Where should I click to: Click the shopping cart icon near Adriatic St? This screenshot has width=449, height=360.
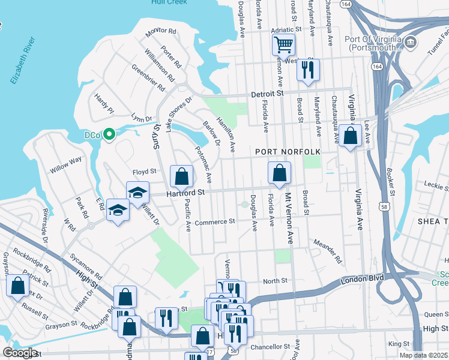283,44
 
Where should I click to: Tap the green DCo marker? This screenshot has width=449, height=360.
109,134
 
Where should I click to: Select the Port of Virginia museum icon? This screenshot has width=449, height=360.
411,42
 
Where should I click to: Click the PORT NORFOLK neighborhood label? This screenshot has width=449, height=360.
288,152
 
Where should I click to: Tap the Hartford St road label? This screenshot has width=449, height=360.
185,193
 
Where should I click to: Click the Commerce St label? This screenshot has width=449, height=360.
214,221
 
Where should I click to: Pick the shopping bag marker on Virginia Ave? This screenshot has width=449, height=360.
349,135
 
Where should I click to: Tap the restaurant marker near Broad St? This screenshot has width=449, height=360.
308,69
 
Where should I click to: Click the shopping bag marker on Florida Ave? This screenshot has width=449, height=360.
279,173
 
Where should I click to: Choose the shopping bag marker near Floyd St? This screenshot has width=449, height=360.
181,176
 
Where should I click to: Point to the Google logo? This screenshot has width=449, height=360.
20,353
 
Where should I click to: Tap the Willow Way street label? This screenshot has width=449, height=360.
66,164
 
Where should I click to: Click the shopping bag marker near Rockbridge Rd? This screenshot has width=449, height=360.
125,296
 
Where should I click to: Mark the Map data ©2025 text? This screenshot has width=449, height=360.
423,355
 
